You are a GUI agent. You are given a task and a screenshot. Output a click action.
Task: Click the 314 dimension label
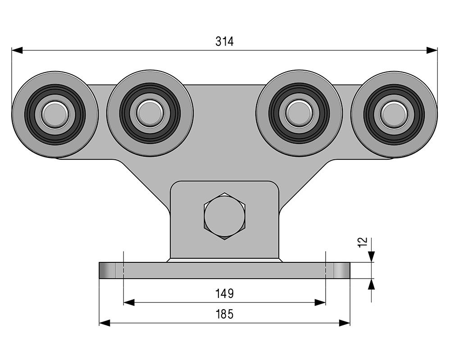224,41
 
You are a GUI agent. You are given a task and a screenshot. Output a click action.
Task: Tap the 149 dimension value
224,293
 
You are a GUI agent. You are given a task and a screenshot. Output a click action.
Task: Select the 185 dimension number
224,314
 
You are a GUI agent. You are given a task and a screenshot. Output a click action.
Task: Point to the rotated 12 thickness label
364,242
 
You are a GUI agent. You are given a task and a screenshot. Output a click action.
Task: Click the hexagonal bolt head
224,216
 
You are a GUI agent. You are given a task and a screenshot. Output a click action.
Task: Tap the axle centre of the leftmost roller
55,114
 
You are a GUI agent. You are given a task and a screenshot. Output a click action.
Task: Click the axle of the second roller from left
150,113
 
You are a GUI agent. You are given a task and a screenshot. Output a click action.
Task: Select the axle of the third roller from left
299,113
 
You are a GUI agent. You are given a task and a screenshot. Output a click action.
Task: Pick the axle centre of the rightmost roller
394,114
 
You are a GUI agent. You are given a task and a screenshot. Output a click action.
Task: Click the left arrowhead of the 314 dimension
17,50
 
